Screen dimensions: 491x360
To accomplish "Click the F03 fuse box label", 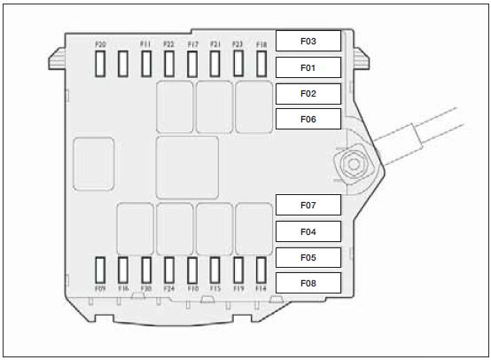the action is (308, 41).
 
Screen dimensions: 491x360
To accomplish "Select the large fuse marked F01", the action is (308, 67).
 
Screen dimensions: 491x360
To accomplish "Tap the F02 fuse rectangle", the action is (308, 94).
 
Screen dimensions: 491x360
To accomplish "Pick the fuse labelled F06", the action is (308, 119).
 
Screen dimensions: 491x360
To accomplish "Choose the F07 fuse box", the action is (308, 205).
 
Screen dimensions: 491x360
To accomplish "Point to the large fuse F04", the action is (308, 231).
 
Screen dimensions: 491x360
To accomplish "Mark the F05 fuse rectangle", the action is (308, 257).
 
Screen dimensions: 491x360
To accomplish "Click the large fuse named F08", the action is (308, 283).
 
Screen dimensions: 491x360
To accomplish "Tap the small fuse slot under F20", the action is (100, 64).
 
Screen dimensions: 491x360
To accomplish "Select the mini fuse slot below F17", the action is (192, 64).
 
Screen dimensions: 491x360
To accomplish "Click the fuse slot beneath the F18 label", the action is (261, 64).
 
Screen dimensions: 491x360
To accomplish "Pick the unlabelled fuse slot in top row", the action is (123, 64).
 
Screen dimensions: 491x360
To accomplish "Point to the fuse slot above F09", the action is (100, 270).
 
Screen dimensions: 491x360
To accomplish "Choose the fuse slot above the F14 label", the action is (261, 270).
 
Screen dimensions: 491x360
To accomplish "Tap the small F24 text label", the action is (169, 288).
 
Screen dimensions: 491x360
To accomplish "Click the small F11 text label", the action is (145, 44).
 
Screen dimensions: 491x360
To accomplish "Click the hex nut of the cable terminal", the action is (354, 164).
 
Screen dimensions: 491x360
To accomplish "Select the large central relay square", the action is (187, 168).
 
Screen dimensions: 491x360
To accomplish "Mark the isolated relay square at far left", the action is (94, 164).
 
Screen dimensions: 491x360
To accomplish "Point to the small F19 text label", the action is (238, 288).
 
